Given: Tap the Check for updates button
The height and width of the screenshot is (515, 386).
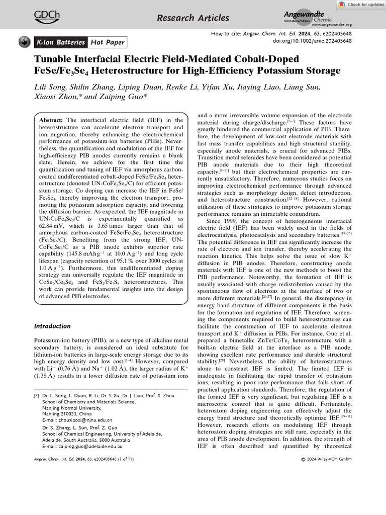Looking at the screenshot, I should pyautogui.click(x=358, y=4).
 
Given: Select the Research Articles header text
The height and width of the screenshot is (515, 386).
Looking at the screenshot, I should pyautogui.click(x=193, y=18).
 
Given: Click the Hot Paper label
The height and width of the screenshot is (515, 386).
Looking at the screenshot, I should pyautogui.click(x=107, y=42).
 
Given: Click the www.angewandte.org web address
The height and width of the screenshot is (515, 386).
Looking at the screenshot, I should pyautogui.click(x=331, y=25).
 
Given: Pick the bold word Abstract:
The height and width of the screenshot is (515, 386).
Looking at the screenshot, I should pyautogui.click(x=52, y=120).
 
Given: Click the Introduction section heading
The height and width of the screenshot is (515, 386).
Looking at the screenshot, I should pyautogui.click(x=53, y=326).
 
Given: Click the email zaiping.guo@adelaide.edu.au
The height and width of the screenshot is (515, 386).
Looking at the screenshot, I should pyautogui.click(x=83, y=446).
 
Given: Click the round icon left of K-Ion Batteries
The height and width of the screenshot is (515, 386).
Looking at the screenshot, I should pyautogui.click(x=24, y=42).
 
